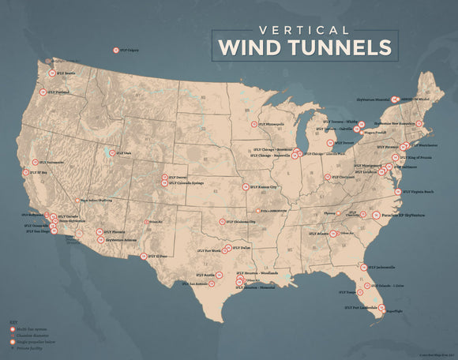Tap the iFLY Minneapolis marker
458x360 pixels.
pyautogui.click(x=254, y=124)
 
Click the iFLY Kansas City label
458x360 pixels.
pyautogui.click(x=264, y=187)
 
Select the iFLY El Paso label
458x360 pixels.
pyautogui.click(x=158, y=256)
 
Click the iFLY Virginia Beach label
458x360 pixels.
pyautogui.click(x=419, y=192)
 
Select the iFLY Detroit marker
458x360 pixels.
pyautogui.click(x=329, y=143)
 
